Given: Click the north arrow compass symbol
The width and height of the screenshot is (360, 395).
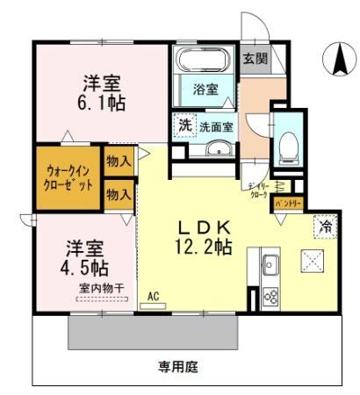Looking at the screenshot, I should click(338, 59).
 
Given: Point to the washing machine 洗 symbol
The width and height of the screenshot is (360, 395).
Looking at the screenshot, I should click(184, 126).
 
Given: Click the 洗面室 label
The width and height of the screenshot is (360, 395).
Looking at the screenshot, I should click(215, 126).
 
